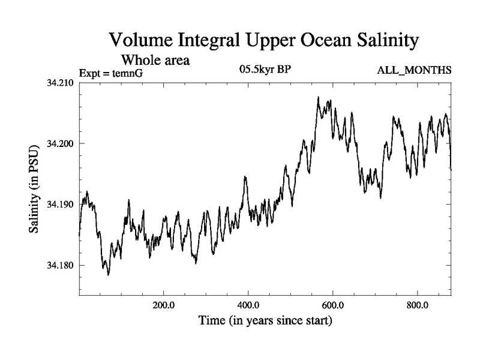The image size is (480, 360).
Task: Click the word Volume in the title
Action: tap(139, 41)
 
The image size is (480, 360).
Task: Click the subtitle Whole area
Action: tap(157, 60)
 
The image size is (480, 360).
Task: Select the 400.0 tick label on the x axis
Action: tap(248, 305)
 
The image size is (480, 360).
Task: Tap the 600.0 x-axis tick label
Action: tap(332, 305)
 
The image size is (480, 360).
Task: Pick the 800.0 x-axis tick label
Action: tap(417, 305)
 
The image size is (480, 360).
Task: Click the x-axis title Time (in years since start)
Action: tap(265, 322)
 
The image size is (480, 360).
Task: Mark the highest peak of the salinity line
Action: tap(319, 97)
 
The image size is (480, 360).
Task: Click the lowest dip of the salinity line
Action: tap(108, 275)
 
